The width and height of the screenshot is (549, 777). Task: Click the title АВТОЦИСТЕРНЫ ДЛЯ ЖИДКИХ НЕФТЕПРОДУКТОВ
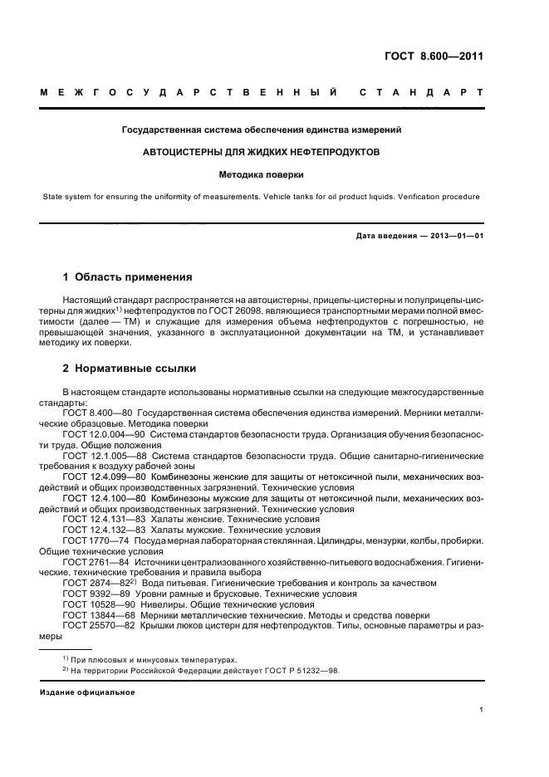tap(262, 153)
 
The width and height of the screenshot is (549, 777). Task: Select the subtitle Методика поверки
tap(262, 175)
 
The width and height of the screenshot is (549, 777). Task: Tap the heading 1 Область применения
tap(128, 276)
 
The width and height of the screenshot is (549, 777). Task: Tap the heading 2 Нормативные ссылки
tap(130, 368)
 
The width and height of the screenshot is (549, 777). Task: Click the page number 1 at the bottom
tap(481, 709)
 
